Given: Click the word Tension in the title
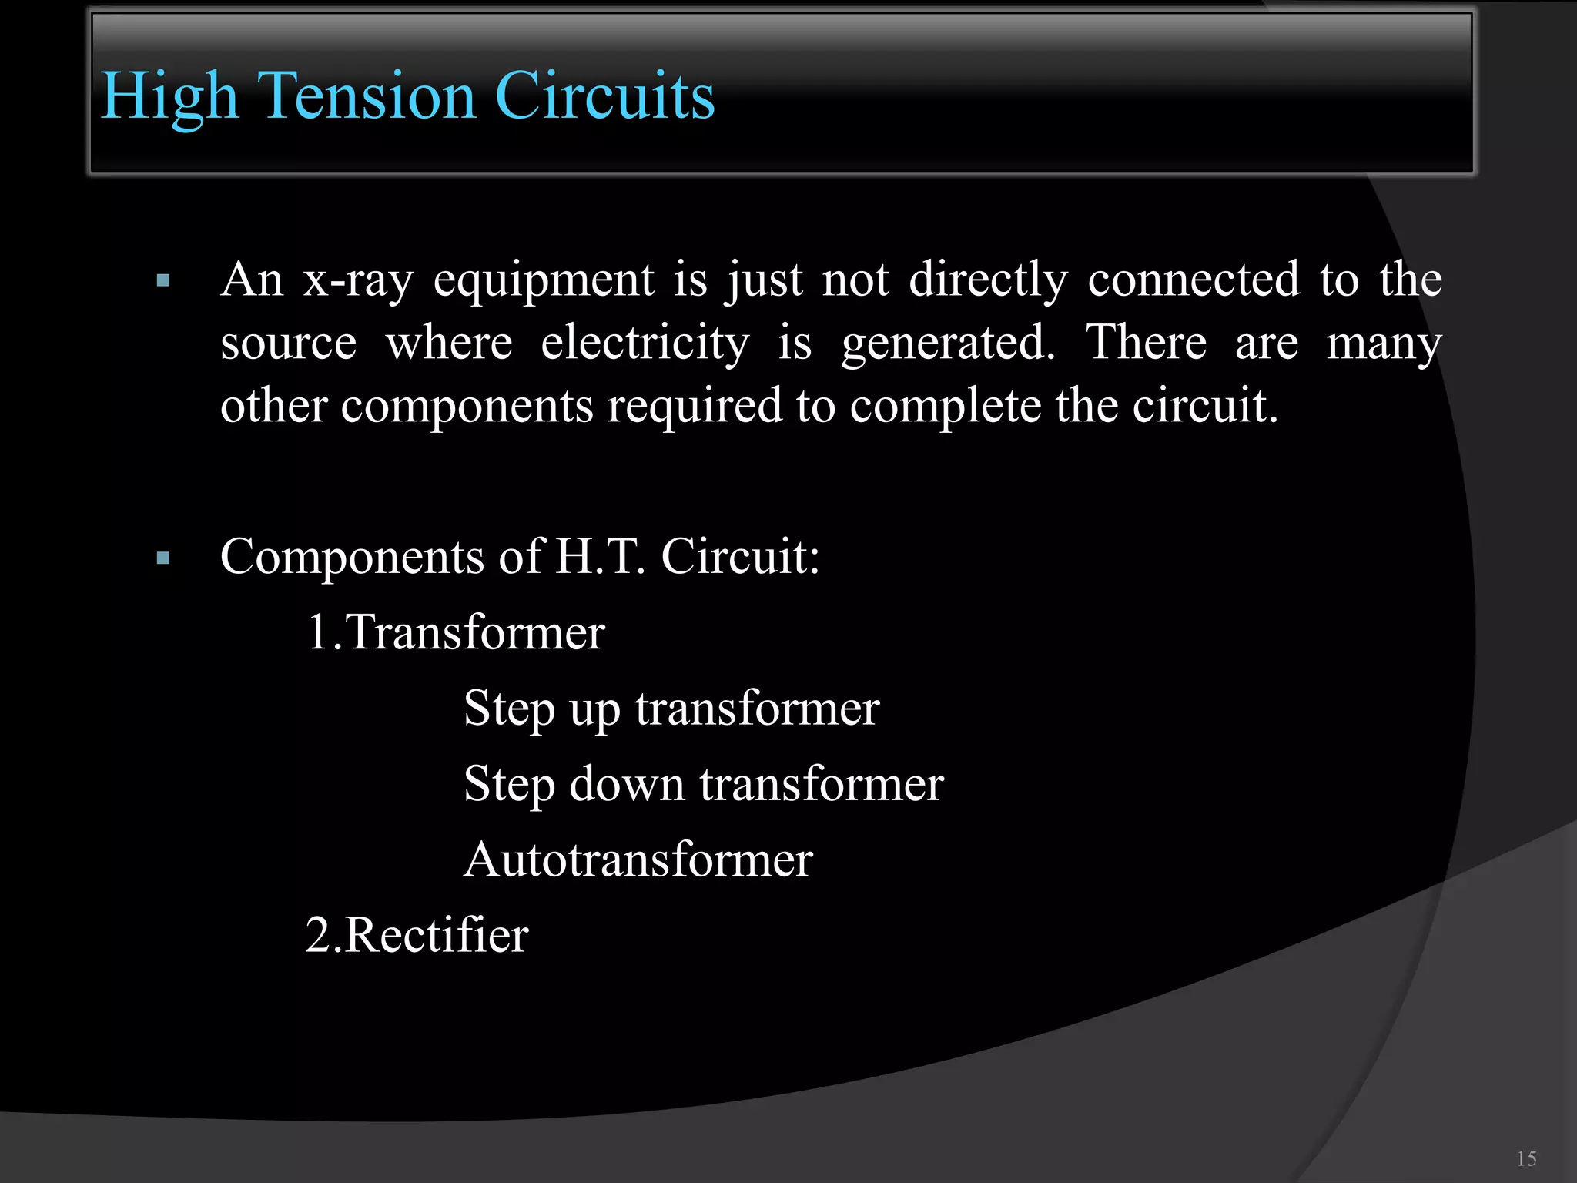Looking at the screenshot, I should pos(366,96).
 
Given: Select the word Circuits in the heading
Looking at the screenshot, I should pos(605,96).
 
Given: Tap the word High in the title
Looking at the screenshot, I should pos(169,98).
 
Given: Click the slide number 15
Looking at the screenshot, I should pos(1526,1158).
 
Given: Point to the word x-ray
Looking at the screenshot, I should pos(358,280).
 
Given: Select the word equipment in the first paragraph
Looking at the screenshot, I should pos(544,280).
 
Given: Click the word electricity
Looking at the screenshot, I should pos(645,344).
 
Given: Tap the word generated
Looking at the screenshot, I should pos(948,344).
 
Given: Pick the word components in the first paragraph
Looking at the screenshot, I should pos(467,407).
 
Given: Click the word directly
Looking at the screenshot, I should pos(988,280).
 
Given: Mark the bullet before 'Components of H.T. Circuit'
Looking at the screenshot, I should pos(163,558).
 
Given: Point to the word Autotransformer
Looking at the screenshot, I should pos(638,860).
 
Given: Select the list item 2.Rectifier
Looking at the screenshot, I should pos(417,936).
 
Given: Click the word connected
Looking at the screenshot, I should pos(1194,280).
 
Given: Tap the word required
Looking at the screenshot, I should pos(695,407).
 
